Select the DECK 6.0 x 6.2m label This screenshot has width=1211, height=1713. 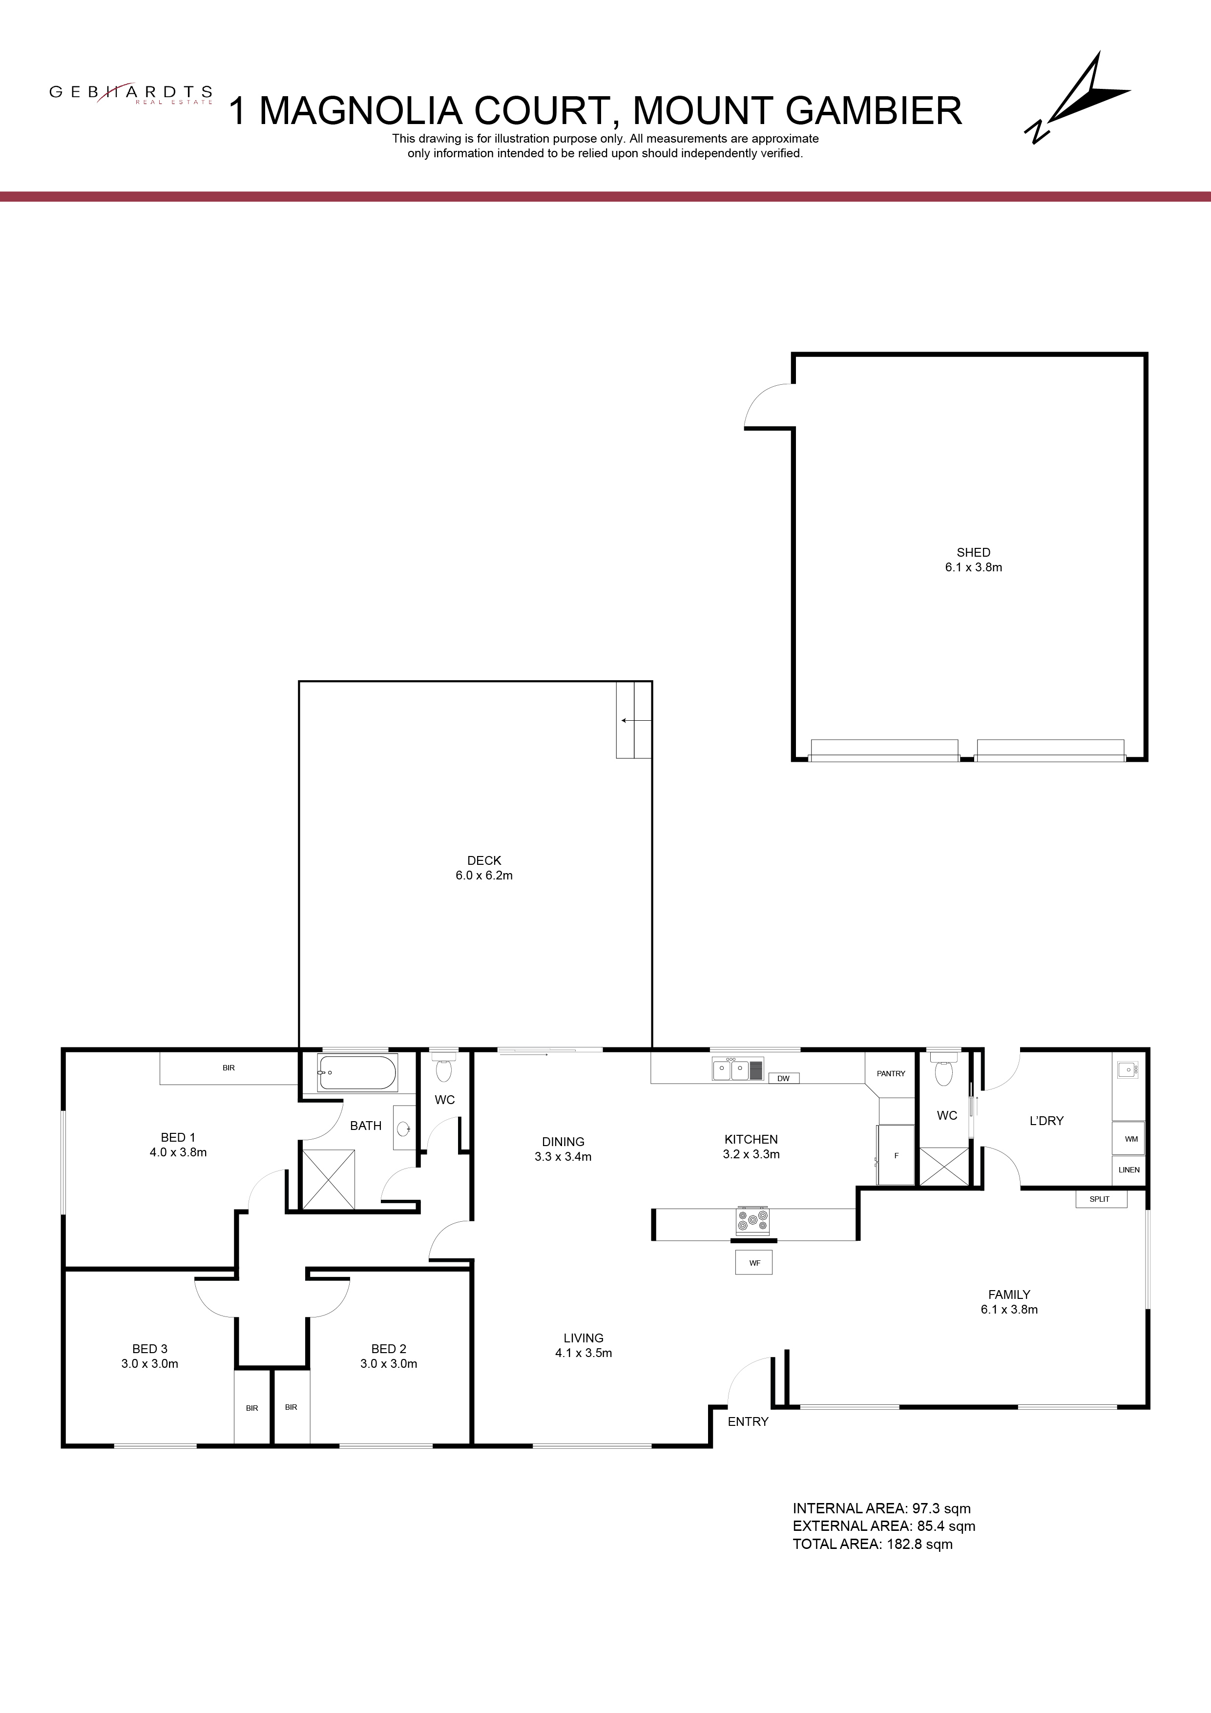click(484, 868)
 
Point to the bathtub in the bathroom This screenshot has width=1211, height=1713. click(357, 1073)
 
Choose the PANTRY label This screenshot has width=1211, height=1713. click(891, 1074)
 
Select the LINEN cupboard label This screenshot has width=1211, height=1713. click(1129, 1170)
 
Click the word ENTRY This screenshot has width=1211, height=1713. click(748, 1422)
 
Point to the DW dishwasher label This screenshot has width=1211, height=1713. click(783, 1078)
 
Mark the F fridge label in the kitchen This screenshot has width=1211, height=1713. click(896, 1156)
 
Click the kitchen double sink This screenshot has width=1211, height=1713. click(731, 1070)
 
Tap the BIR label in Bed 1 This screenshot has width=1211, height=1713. click(229, 1067)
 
